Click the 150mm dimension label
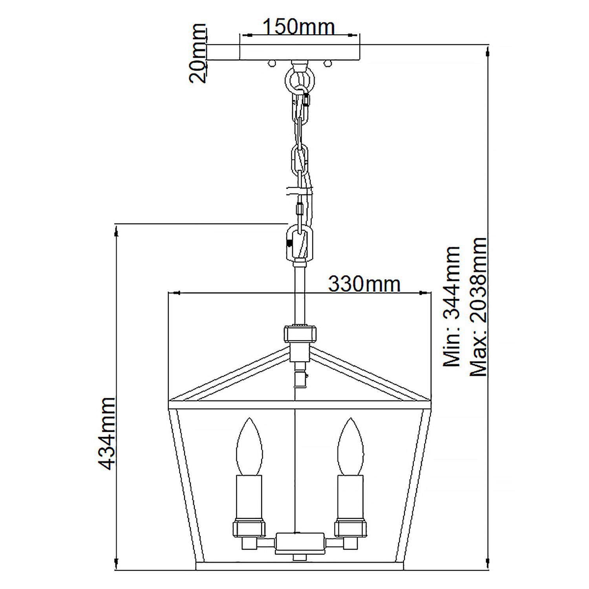pyautogui.click(x=298, y=27)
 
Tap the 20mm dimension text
pyautogui.click(x=198, y=53)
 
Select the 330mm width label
pyautogui.click(x=364, y=284)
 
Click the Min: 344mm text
pyautogui.click(x=451, y=307)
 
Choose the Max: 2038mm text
pyautogui.click(x=478, y=307)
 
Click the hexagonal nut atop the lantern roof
pyautogui.click(x=300, y=334)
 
